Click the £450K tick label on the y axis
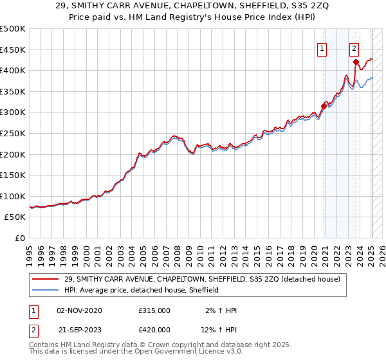[x=13, y=50]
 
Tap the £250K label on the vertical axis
[x=13, y=133]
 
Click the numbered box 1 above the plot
[x=321, y=47]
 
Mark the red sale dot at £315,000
[x=324, y=106]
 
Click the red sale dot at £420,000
[x=356, y=62]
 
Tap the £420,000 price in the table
[x=154, y=328]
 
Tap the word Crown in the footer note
[x=160, y=346]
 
